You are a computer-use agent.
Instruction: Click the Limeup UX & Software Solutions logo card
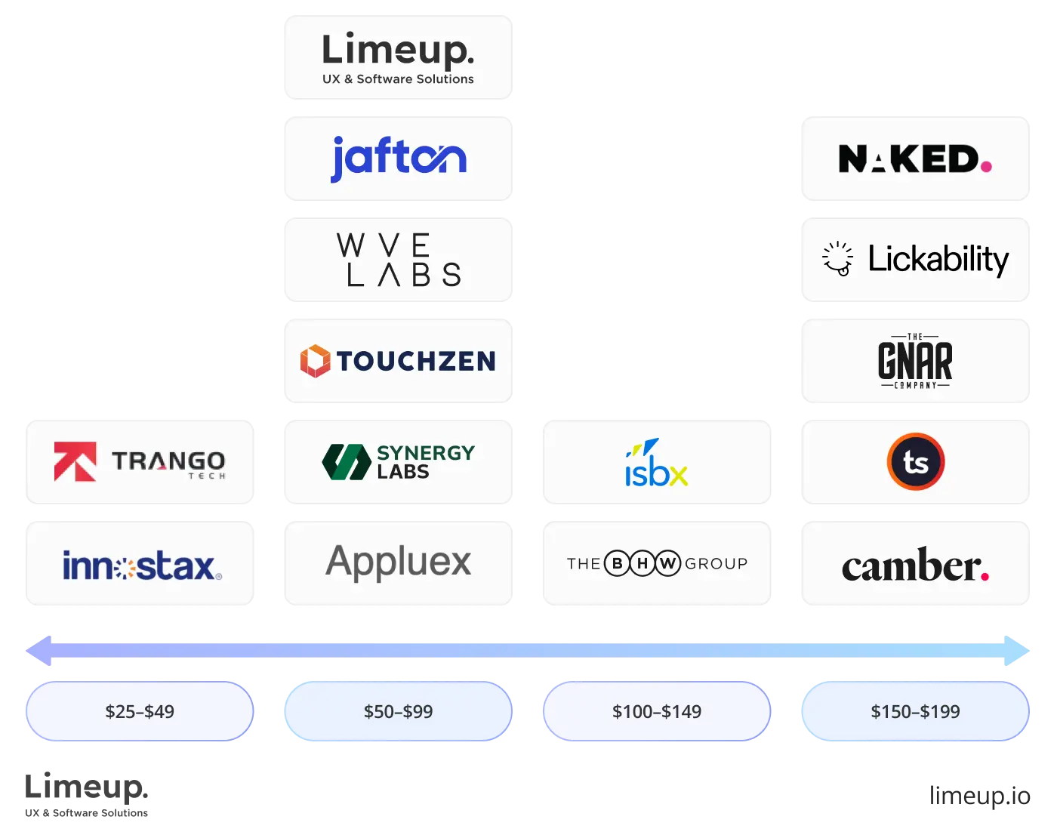click(x=398, y=57)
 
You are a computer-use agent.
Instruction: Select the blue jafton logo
click(x=399, y=159)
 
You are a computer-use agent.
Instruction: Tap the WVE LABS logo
click(x=399, y=260)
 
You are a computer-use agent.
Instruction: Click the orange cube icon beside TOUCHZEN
click(x=315, y=361)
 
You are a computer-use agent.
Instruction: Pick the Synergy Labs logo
click(x=399, y=461)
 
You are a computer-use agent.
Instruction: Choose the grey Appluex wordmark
click(x=399, y=562)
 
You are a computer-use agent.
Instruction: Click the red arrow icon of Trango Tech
click(x=75, y=461)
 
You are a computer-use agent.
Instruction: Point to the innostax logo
click(x=142, y=565)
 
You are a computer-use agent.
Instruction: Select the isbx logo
click(x=656, y=463)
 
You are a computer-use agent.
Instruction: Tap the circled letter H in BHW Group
click(x=643, y=563)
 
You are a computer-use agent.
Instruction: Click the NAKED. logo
click(x=914, y=159)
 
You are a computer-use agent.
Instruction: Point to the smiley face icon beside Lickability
click(x=837, y=259)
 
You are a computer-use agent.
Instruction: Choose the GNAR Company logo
click(x=915, y=361)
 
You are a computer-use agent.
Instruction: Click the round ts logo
click(x=915, y=462)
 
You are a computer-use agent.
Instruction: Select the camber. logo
click(x=915, y=565)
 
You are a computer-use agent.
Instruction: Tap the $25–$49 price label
click(x=140, y=711)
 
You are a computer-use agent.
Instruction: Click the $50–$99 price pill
click(x=399, y=711)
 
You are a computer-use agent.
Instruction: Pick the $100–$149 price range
click(x=657, y=711)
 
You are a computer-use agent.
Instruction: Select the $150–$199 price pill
click(x=915, y=711)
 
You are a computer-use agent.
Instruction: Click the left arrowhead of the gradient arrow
click(x=39, y=651)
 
